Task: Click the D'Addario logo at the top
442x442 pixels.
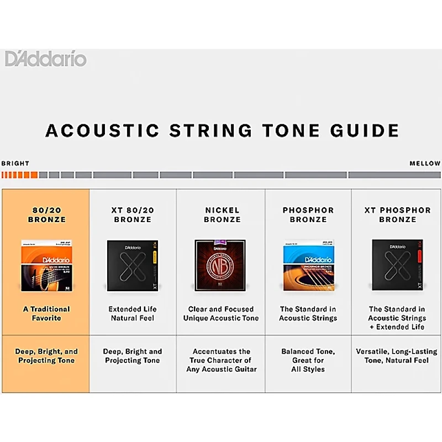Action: click(x=46, y=59)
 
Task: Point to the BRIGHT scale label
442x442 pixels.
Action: click(x=15, y=164)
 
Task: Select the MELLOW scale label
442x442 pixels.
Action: click(x=425, y=164)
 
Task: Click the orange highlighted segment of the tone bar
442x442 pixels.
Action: click(x=19, y=175)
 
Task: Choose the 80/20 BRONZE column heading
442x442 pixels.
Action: click(x=46, y=215)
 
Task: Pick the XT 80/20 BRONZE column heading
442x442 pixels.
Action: click(x=133, y=215)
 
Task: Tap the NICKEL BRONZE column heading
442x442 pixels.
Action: click(x=222, y=215)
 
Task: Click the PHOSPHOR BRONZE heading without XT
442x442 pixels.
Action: click(x=308, y=215)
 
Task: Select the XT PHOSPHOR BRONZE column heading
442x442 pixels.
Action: click(x=397, y=215)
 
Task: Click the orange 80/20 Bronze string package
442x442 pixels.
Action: click(x=46, y=265)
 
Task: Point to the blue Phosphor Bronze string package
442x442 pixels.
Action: click(x=308, y=265)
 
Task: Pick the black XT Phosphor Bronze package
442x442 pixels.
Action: click(x=397, y=265)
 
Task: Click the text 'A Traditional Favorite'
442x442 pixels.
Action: click(x=46, y=314)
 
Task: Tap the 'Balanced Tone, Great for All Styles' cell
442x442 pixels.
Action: click(x=308, y=360)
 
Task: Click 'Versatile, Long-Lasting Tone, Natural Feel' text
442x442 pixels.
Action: click(x=397, y=356)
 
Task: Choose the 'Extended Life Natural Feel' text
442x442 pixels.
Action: click(x=133, y=314)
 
